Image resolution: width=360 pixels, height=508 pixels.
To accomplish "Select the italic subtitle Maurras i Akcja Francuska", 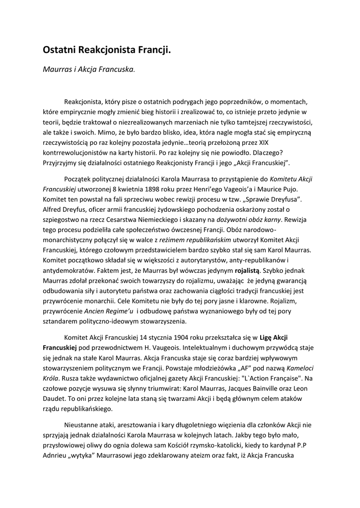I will tap(88, 69).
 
